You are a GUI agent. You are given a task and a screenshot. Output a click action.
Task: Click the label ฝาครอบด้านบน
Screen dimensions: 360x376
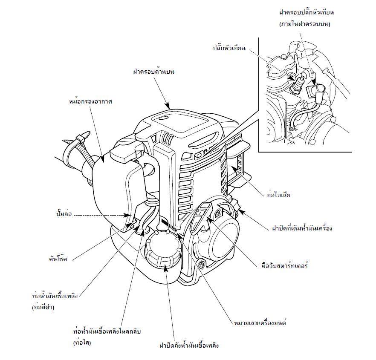(x=154, y=72)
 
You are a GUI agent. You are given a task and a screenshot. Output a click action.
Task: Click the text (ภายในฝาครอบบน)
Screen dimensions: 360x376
(x=305, y=24)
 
